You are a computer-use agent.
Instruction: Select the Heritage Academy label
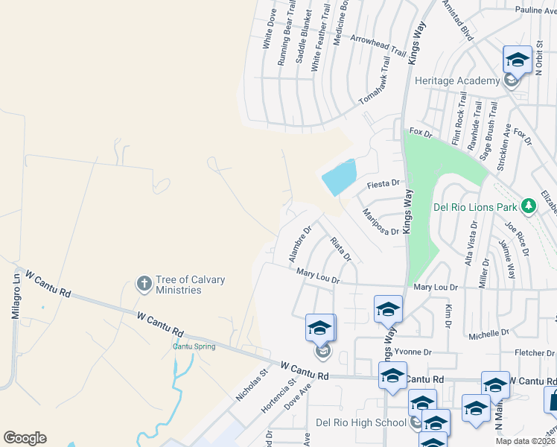click(457, 80)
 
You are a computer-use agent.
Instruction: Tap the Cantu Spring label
click(194, 346)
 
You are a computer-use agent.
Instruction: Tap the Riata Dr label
click(340, 249)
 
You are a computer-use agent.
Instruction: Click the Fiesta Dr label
click(384, 183)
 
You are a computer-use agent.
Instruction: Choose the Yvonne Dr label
click(414, 352)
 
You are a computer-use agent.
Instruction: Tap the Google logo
click(25, 438)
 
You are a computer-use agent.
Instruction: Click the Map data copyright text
click(526, 441)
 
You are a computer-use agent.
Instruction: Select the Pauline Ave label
click(535, 10)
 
